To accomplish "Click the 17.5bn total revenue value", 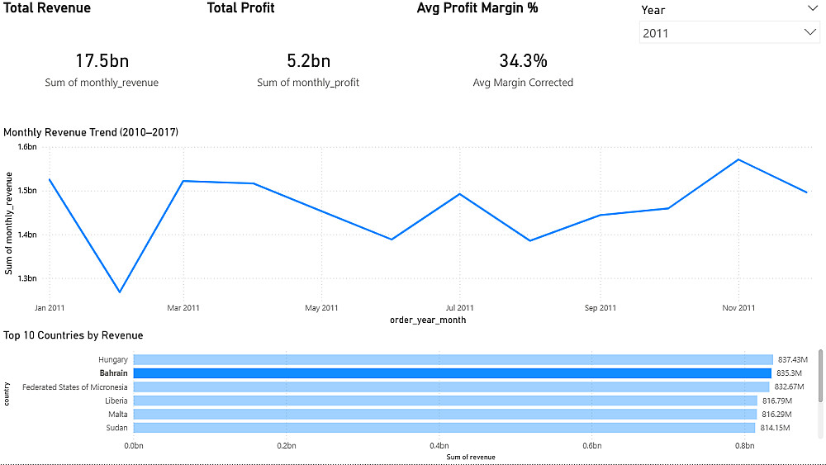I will tap(102, 60).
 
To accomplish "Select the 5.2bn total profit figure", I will tap(308, 60).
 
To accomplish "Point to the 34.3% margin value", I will tap(523, 60).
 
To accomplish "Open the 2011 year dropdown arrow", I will tap(809, 32).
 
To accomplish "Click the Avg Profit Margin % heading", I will tap(477, 8).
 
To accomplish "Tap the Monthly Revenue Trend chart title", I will tap(91, 132).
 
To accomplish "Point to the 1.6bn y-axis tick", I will tap(27, 147).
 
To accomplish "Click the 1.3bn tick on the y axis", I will tap(27, 278).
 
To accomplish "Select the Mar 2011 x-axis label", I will tap(183, 308).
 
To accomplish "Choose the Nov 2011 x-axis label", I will tap(738, 308).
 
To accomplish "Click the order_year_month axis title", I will tap(427, 320).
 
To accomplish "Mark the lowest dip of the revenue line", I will tap(120, 292).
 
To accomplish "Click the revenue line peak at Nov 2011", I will tap(738, 159).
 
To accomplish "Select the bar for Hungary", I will tap(453, 359).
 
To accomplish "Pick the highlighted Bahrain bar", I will tap(452, 373).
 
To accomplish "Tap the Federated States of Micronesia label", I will tap(75, 387).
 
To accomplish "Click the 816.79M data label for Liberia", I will tap(776, 401).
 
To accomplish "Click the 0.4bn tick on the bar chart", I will tap(439, 446).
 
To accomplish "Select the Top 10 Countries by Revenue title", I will tap(74, 335).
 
